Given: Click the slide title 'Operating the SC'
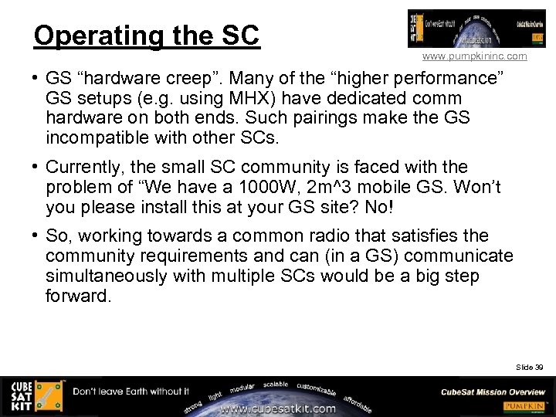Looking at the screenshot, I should pyautogui.click(x=147, y=36).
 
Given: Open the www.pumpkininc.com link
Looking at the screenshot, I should pyautogui.click(x=474, y=56).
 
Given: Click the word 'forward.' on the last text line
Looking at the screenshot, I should pyautogui.click(x=79, y=297).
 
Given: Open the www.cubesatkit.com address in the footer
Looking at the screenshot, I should pyautogui.click(x=278, y=409).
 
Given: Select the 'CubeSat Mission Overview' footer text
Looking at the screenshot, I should pyautogui.click(x=493, y=392).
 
